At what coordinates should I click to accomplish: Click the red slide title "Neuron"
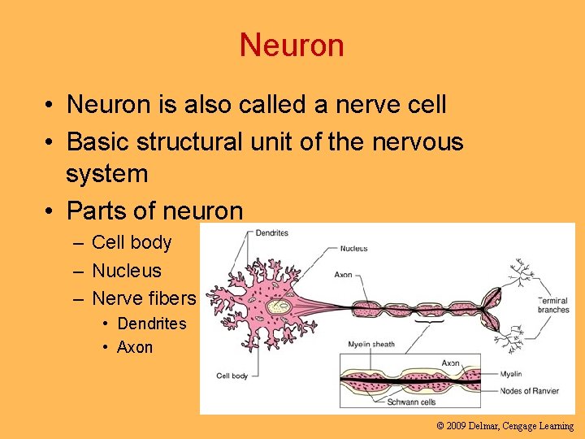(292, 45)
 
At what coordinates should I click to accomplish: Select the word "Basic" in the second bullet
(96, 141)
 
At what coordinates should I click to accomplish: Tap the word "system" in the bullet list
(106, 173)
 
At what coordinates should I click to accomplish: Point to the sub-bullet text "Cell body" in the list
(132, 242)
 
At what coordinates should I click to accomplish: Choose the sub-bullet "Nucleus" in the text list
(127, 271)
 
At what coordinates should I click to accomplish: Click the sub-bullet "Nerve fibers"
(144, 298)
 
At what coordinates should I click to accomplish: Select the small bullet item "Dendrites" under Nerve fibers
(152, 324)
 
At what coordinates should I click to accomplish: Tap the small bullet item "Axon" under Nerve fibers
(135, 347)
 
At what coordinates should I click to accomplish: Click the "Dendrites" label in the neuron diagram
(271, 233)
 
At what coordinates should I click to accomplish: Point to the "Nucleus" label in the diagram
(353, 249)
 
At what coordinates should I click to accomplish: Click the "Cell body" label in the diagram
(232, 376)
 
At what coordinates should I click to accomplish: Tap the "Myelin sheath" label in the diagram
(371, 344)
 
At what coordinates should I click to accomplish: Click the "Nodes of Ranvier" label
(530, 391)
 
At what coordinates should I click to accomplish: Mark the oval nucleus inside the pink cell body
(281, 306)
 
